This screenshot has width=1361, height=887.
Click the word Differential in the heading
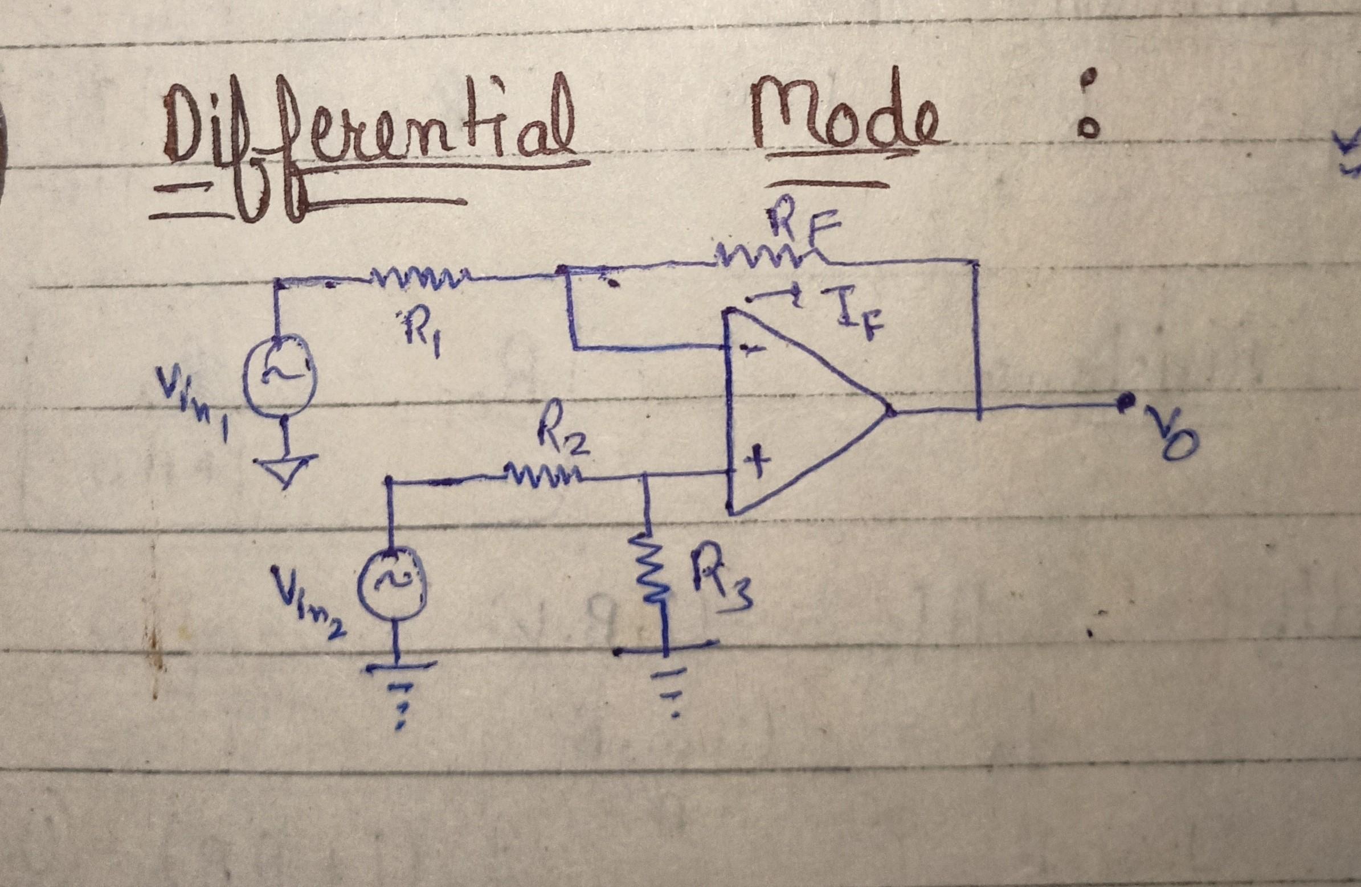(x=366, y=137)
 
